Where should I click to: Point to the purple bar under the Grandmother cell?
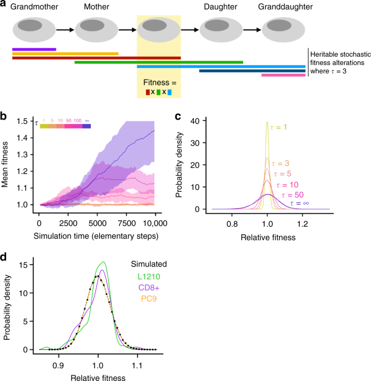point(34,49)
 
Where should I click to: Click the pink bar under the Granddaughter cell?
point(283,75)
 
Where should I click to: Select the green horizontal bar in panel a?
point(159,62)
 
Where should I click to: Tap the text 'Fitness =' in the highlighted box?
point(159,81)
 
